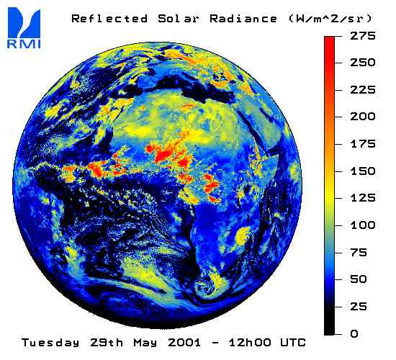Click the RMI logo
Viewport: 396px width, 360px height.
(x=24, y=27)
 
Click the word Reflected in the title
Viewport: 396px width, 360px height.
(x=109, y=19)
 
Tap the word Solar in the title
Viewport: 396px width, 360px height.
(x=179, y=19)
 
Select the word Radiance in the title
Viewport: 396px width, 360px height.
(x=243, y=19)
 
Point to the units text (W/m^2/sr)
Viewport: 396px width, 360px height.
(x=330, y=19)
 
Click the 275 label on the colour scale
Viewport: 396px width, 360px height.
(x=363, y=35)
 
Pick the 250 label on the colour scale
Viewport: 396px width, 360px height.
(x=363, y=63)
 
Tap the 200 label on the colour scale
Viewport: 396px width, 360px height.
(x=363, y=117)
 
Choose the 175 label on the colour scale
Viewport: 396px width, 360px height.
(x=363, y=144)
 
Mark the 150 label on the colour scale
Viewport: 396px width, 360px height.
(x=363, y=171)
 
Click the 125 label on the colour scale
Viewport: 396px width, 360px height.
(x=363, y=198)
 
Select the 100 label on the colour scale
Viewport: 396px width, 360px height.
(x=363, y=225)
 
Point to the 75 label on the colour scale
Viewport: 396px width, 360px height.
(x=359, y=253)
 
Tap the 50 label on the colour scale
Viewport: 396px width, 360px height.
(x=359, y=279)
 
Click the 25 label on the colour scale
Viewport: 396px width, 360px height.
(x=359, y=307)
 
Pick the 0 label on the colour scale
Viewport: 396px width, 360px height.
(x=354, y=334)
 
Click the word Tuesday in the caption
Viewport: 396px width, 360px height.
(x=50, y=343)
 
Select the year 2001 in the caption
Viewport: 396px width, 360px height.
(x=184, y=343)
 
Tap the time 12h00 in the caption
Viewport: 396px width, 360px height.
(x=250, y=343)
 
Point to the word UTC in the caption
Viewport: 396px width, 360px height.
(x=293, y=343)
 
